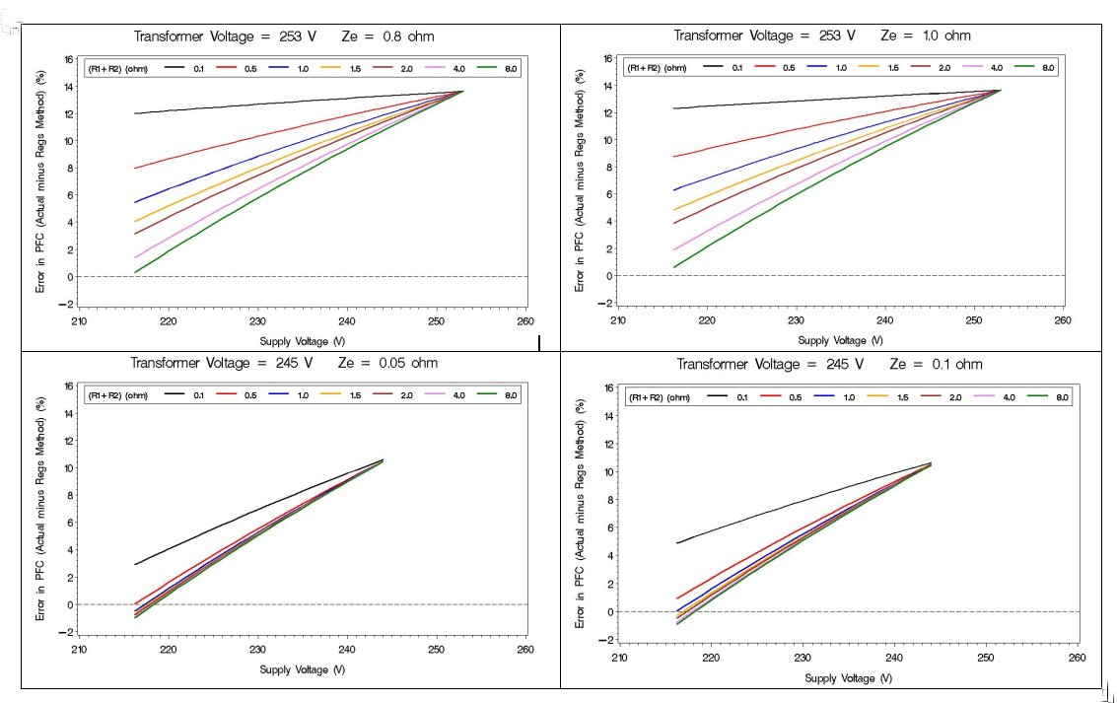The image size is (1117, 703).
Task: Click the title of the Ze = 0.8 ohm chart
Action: pos(284,36)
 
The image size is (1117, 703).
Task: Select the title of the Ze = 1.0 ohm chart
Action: pos(821,35)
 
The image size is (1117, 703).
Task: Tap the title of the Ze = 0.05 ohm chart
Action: pos(284,363)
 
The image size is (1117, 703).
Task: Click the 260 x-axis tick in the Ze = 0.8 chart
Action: pos(524,319)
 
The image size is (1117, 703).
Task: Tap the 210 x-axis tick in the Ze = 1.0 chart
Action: pos(618,319)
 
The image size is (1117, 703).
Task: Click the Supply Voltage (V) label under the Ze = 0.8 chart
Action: pos(302,340)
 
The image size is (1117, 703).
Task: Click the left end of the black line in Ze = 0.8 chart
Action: pos(134,113)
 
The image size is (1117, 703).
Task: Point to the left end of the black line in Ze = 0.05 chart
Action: pos(134,565)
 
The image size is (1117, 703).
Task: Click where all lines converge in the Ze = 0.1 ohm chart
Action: pos(929,463)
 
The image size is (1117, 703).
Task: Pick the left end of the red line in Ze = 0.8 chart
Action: pos(134,169)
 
